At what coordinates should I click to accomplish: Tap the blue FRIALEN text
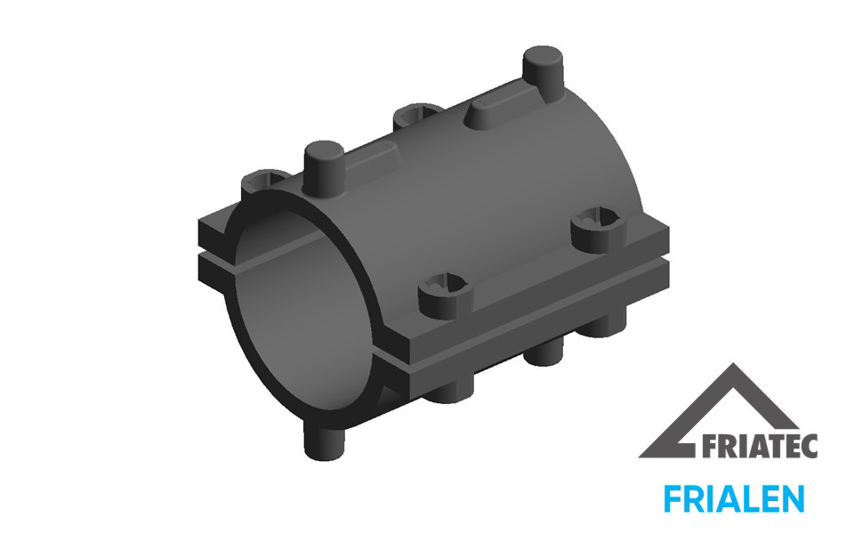pos(734,498)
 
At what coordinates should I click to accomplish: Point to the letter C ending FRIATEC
pos(810,446)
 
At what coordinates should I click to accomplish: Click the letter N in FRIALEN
pos(794,498)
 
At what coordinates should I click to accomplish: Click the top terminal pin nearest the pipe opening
pos(324,168)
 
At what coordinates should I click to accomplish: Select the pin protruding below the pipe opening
pos(324,442)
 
